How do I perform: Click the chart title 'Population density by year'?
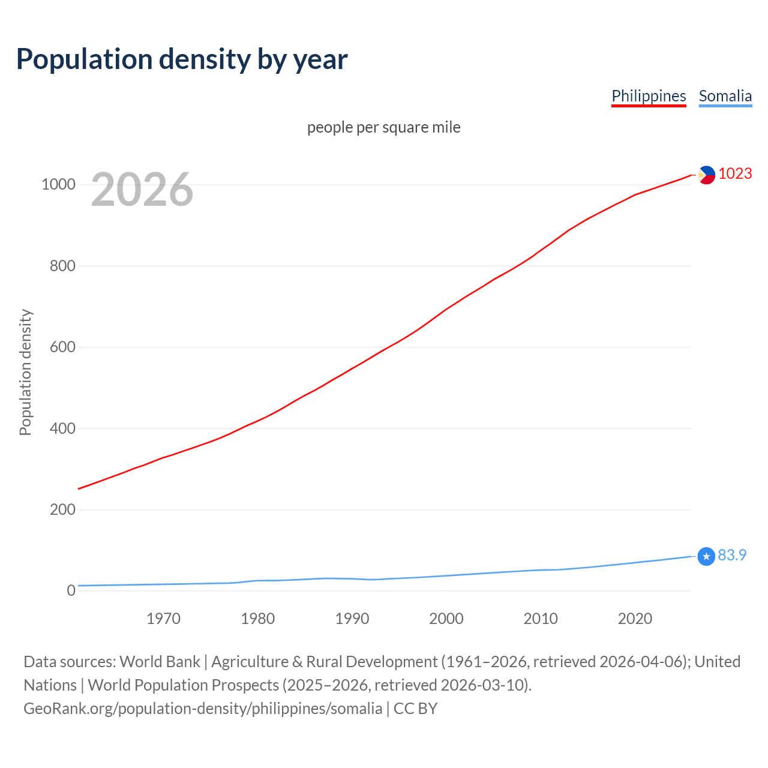click(x=182, y=59)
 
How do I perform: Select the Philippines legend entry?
click(x=649, y=96)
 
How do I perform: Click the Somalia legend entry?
click(x=725, y=96)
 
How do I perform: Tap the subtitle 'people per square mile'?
click(x=384, y=127)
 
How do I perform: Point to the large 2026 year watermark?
click(x=142, y=190)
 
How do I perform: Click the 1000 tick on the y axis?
click(x=58, y=184)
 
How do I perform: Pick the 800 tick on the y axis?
click(x=62, y=266)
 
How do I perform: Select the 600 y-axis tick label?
click(x=62, y=347)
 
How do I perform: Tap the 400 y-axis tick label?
click(x=62, y=428)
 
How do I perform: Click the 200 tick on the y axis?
click(x=62, y=509)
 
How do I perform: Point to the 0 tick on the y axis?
click(x=71, y=590)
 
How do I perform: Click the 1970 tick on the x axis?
click(x=163, y=619)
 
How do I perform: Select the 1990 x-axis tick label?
click(x=352, y=619)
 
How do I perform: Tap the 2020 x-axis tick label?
click(x=635, y=619)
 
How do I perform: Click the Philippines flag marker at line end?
click(x=706, y=175)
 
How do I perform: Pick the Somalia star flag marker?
click(x=706, y=557)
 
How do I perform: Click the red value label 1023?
click(x=735, y=173)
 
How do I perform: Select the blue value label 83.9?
click(x=732, y=555)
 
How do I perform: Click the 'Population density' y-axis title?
click(x=25, y=372)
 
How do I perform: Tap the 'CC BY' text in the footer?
click(x=415, y=709)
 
